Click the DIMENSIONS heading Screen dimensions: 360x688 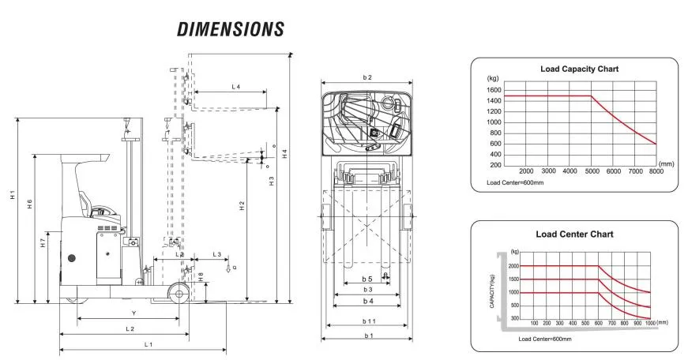(x=230, y=30)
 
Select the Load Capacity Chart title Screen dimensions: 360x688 (x=579, y=69)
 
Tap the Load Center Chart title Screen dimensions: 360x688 (x=574, y=234)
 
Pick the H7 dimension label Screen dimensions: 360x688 (x=43, y=245)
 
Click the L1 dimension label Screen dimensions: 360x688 (x=148, y=345)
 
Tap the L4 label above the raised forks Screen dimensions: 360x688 (x=235, y=85)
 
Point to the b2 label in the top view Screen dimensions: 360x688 (x=367, y=77)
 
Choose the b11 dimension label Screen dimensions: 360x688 (x=368, y=321)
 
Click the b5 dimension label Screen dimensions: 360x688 (x=367, y=279)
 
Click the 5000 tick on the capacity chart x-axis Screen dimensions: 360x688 (x=591, y=171)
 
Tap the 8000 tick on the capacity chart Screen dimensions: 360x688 (x=656, y=171)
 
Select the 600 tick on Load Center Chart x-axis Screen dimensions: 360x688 (x=598, y=323)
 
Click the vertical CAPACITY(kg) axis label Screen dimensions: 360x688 (x=492, y=290)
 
